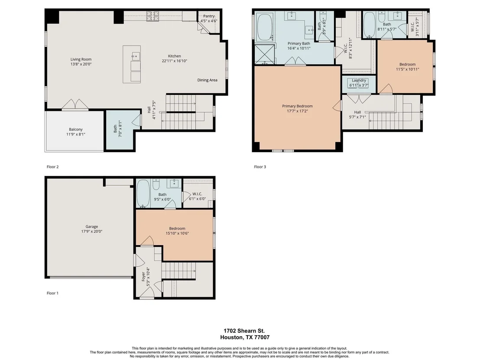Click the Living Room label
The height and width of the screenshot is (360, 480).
click(x=81, y=59)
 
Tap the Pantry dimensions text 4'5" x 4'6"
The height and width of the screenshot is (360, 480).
click(x=209, y=21)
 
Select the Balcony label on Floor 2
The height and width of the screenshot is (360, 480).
click(x=76, y=130)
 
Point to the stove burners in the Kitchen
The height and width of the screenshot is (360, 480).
click(x=152, y=16)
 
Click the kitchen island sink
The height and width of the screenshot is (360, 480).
click(x=136, y=56)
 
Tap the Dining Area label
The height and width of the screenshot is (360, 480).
click(x=207, y=80)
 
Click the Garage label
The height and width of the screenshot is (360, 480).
click(x=91, y=227)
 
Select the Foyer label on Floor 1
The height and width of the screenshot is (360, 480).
click(x=143, y=277)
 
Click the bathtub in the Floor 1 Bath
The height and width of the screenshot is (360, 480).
click(x=143, y=193)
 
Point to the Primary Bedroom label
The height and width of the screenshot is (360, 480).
click(x=297, y=106)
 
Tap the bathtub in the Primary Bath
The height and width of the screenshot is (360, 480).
click(x=265, y=26)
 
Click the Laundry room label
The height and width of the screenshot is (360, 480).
click(x=359, y=80)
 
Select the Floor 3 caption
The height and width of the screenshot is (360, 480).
click(x=260, y=167)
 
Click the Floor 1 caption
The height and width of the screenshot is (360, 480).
click(x=52, y=293)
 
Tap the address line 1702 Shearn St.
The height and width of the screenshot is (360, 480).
click(x=244, y=331)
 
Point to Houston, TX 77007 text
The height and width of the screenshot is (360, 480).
click(x=245, y=337)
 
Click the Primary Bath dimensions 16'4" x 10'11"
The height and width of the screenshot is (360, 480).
click(x=299, y=49)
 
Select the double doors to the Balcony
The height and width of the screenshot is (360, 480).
click(x=75, y=105)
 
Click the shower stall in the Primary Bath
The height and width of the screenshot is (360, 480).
click(x=265, y=55)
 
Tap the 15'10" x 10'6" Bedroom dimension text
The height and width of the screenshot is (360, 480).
click(x=177, y=233)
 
